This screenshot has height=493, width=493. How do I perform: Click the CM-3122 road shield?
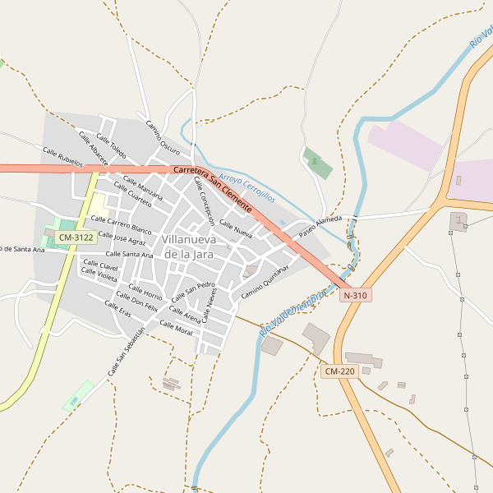coord(76,237)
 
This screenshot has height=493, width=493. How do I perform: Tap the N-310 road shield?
coord(356,295)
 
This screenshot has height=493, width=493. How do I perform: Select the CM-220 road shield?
coord(339,371)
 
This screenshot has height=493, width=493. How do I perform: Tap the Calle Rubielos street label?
coord(62,156)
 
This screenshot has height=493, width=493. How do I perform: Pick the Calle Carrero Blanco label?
coord(121,223)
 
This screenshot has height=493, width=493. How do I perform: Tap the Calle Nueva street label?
coord(236,228)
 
